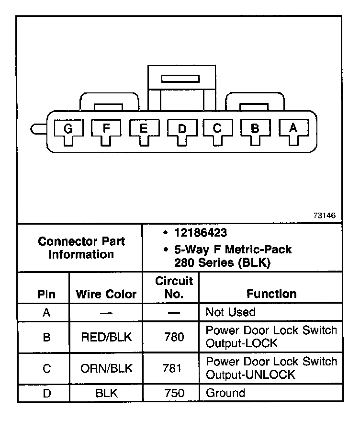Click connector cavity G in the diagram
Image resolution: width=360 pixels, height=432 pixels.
[x=68, y=129]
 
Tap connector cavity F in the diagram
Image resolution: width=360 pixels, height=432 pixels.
[x=106, y=129]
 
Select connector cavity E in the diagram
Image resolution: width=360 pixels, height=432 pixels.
[x=143, y=129]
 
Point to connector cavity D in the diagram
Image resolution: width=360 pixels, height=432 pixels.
[x=181, y=129]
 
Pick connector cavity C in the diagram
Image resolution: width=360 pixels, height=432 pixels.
[x=217, y=129]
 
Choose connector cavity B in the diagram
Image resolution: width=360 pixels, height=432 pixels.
[x=255, y=129]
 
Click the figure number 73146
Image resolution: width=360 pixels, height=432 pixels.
[x=325, y=216]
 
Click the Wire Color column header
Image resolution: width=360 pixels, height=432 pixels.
[x=106, y=294]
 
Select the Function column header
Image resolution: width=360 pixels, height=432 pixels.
[x=271, y=294]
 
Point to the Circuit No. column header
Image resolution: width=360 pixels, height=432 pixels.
[x=174, y=287]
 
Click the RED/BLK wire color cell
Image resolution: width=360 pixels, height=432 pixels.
[x=106, y=337]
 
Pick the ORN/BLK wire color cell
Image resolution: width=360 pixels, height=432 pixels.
[x=106, y=368]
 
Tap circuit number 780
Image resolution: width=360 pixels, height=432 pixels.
[x=173, y=337]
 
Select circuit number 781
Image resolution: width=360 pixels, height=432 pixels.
[x=173, y=368]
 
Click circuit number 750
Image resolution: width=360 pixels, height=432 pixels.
[x=173, y=393]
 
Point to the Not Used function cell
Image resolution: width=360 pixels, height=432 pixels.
[x=230, y=312]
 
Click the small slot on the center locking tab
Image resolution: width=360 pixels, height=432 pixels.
[x=180, y=78]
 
